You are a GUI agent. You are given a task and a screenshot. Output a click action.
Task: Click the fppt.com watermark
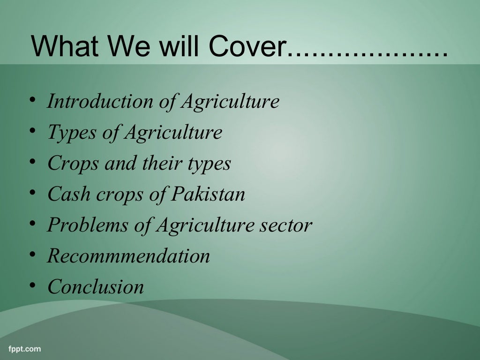tap(24, 349)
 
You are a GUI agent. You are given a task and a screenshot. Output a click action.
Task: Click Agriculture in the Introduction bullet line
tap(230, 101)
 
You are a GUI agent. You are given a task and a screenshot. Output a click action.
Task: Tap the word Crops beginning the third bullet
tap(73, 164)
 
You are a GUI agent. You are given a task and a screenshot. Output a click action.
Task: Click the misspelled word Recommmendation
tap(128, 256)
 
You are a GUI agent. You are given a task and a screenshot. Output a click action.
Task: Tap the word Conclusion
tap(96, 287)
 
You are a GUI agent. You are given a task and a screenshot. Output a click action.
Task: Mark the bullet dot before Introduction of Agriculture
tap(32, 100)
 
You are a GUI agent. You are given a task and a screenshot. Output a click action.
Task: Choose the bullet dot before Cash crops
tap(32, 193)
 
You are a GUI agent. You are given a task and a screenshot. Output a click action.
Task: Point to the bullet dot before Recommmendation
tap(32, 255)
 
